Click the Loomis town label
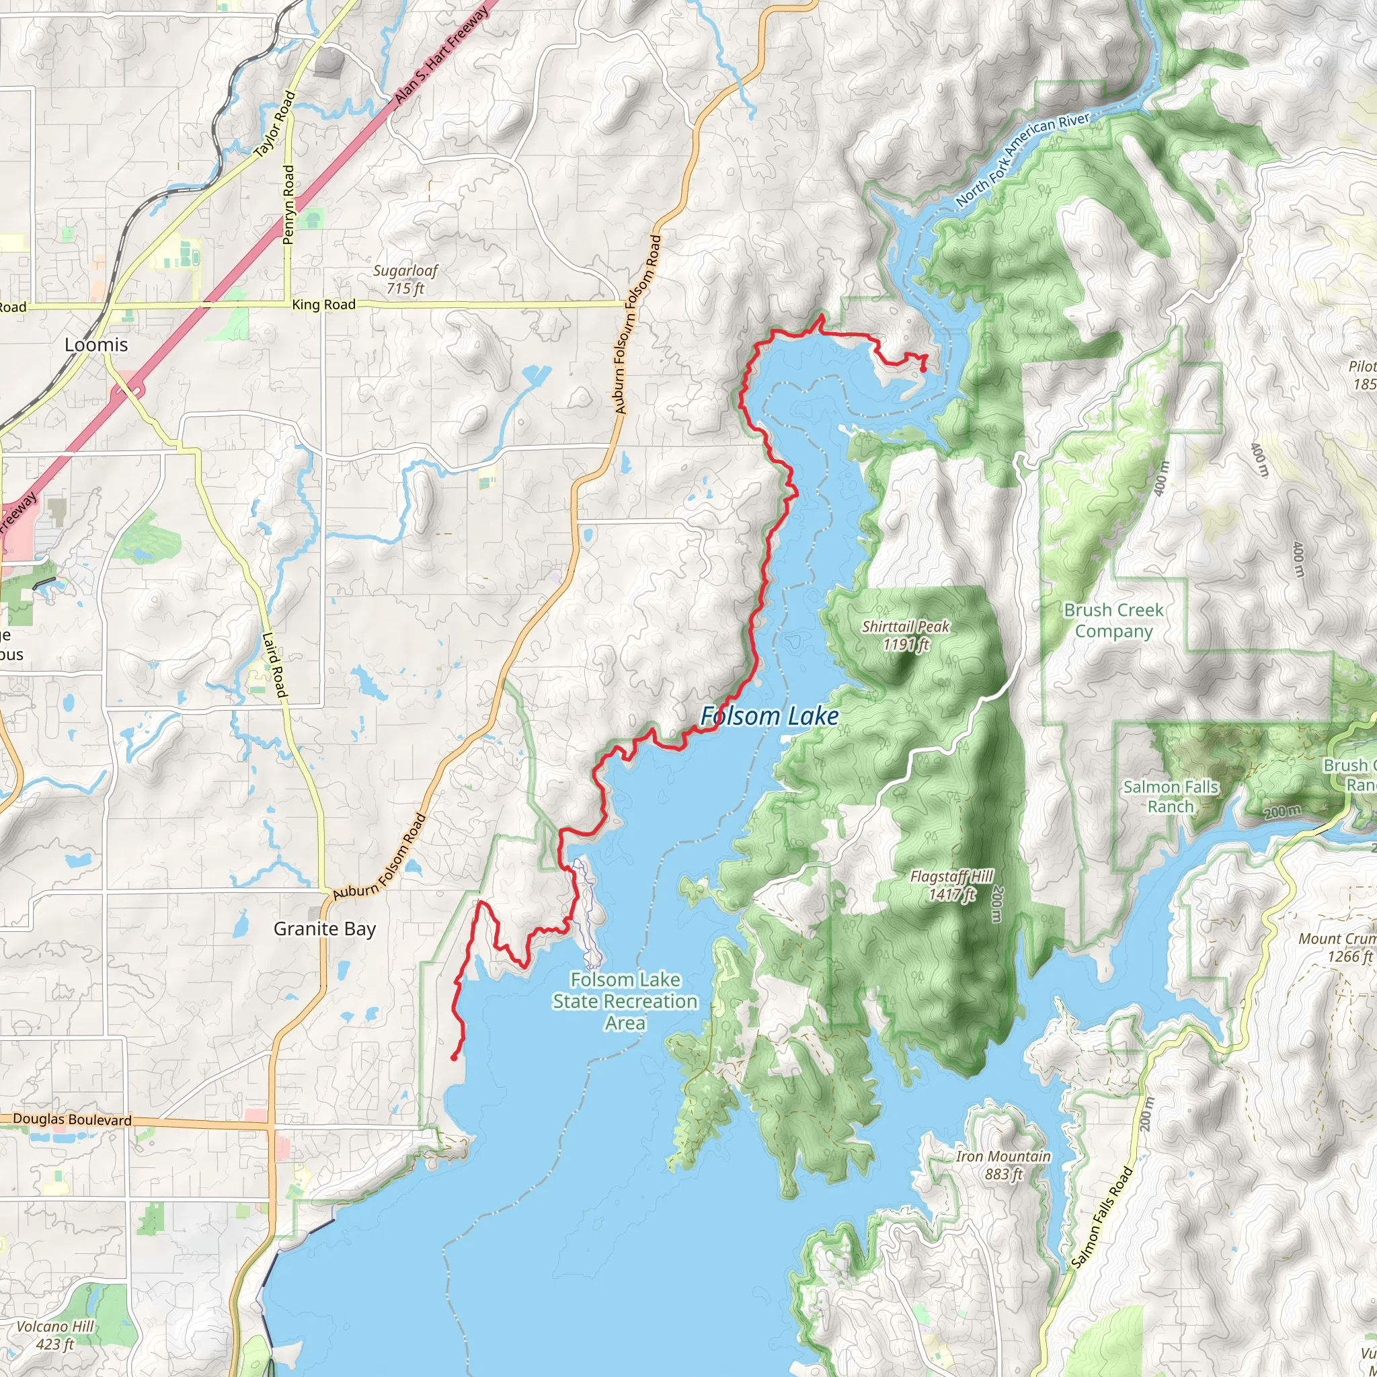pyautogui.click(x=96, y=345)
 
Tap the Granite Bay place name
pyautogui.click(x=324, y=929)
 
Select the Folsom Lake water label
pyautogui.click(x=769, y=716)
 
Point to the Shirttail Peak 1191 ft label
pyautogui.click(x=905, y=635)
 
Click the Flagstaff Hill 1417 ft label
pyautogui.click(x=951, y=885)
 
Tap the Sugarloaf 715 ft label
pyautogui.click(x=405, y=280)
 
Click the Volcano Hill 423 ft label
pyautogui.click(x=55, y=1335)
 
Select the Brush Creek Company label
pyautogui.click(x=1113, y=620)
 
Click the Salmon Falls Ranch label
pyautogui.click(x=1171, y=796)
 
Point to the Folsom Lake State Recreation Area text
pyautogui.click(x=625, y=1000)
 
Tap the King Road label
pyautogui.click(x=323, y=305)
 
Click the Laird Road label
pyautogui.click(x=274, y=665)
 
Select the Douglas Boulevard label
pyautogui.click(x=72, y=1119)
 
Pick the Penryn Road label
pyautogui.click(x=288, y=204)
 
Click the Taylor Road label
pyautogui.click(x=275, y=124)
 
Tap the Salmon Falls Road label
pyautogui.click(x=1102, y=1218)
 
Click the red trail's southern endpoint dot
pyautogui.click(x=454, y=1058)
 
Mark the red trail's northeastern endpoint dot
pyautogui.click(x=923, y=369)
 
